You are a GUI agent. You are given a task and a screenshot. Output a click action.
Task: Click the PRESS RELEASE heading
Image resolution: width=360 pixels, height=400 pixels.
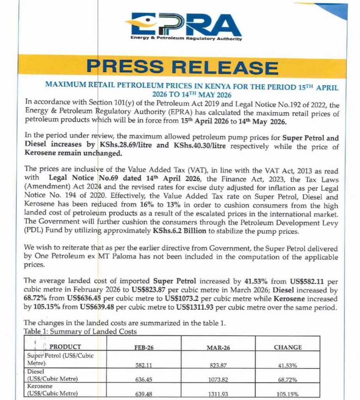pyautogui.click(x=182, y=67)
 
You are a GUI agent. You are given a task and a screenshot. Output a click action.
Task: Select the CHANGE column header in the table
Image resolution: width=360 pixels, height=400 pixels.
pyautogui.click(x=287, y=347)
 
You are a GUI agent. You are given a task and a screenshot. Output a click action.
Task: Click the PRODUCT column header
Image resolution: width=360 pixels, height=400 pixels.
pyautogui.click(x=66, y=347)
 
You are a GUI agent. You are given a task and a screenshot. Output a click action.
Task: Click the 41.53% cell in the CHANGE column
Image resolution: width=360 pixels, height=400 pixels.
pyautogui.click(x=288, y=366)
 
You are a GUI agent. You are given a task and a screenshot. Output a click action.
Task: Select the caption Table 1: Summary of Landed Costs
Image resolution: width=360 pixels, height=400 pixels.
pyautogui.click(x=80, y=332)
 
